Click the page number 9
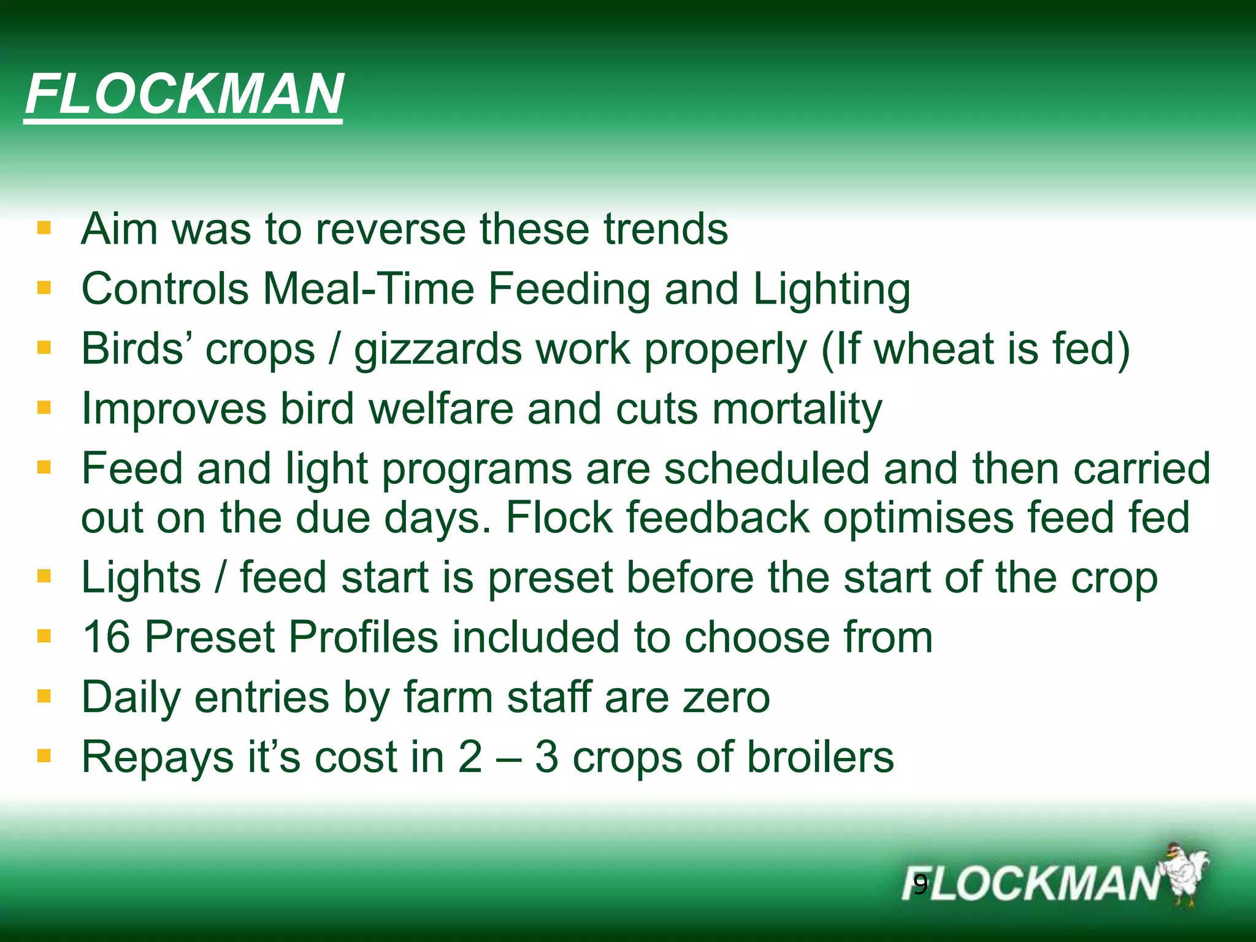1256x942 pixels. (x=920, y=885)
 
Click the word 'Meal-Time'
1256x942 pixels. (x=369, y=289)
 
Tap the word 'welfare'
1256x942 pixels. (x=440, y=409)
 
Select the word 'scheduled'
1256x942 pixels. (x=767, y=469)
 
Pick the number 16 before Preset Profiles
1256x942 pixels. (x=105, y=637)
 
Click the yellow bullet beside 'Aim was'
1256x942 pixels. (x=44, y=229)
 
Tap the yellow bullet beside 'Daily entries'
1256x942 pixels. (x=44, y=697)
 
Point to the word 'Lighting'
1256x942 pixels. (x=831, y=289)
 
